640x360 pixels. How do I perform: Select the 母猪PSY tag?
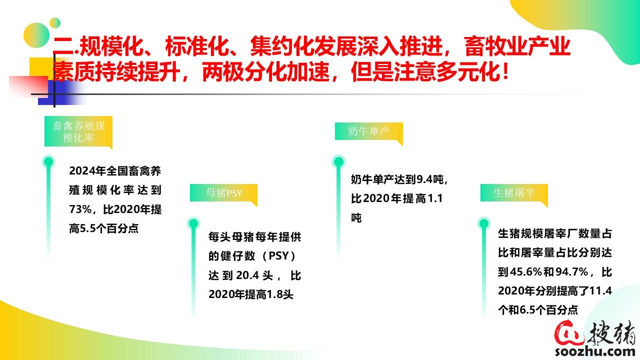[223, 193]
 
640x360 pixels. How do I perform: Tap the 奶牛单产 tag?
[369, 131]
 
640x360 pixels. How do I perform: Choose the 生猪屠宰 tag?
[514, 193]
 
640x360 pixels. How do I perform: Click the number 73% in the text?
[80, 209]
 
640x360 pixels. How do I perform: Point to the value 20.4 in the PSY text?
[247, 275]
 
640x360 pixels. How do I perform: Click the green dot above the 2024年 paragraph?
[48, 162]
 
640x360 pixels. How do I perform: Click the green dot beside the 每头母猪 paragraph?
[193, 223]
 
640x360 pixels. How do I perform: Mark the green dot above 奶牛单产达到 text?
[338, 161]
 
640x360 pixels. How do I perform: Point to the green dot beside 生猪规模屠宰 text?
[483, 223]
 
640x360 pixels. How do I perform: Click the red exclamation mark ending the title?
[505, 71]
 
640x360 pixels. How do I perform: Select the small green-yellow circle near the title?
[55, 23]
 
